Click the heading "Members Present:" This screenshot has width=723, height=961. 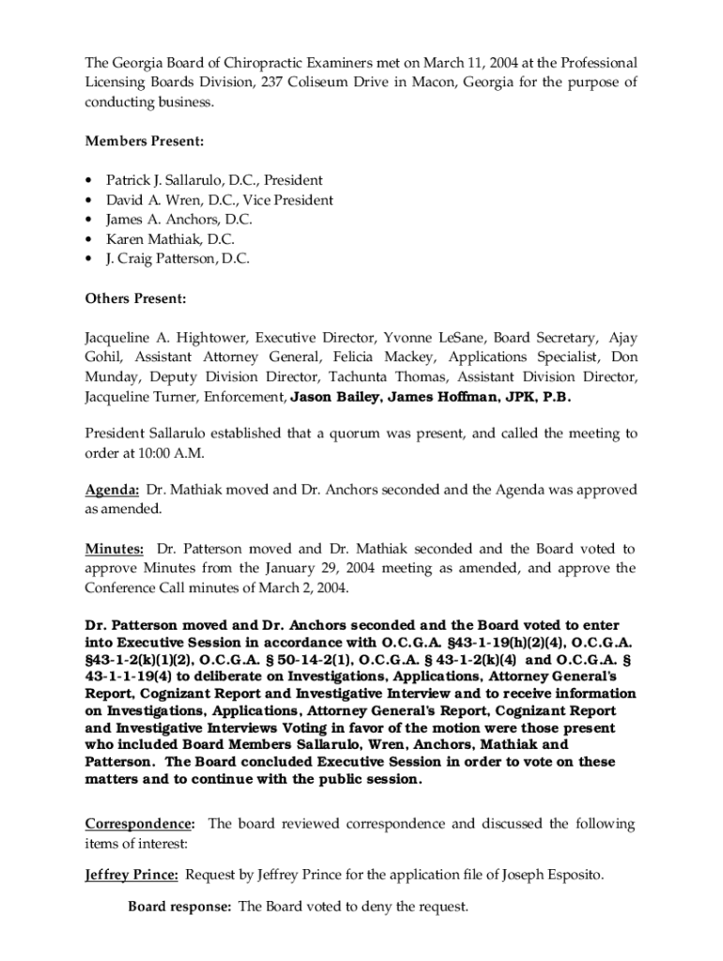point(145,141)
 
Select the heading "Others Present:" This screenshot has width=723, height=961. point(136,298)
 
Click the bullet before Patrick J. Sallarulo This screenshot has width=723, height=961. point(88,180)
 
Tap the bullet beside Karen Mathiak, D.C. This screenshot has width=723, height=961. point(88,239)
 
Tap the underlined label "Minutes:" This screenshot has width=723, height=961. point(115,549)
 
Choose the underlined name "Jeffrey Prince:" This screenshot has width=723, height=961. point(131,876)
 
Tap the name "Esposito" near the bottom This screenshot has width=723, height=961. point(575,876)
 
